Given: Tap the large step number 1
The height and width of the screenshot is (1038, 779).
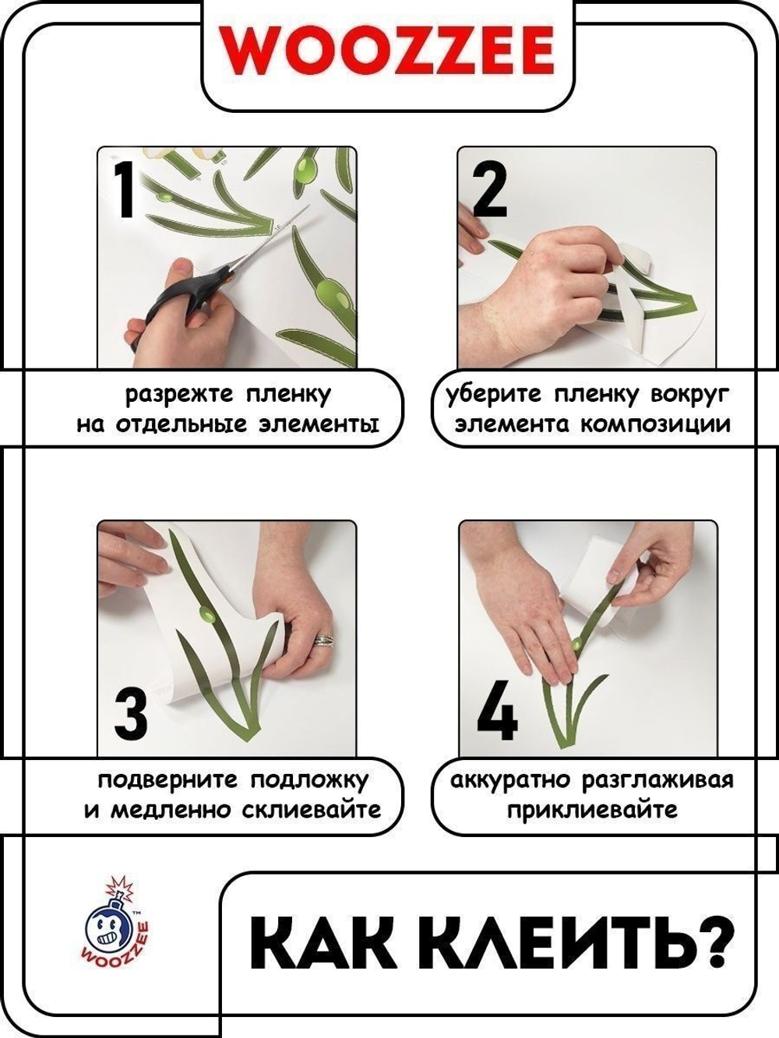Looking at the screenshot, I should click(x=125, y=189).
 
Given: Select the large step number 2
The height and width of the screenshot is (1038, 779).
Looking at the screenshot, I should click(x=489, y=189).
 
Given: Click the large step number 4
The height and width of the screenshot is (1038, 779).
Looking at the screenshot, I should click(x=496, y=713).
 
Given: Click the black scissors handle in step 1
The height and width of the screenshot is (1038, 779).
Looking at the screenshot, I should click(x=187, y=300).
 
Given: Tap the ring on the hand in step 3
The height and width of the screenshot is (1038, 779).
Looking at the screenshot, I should click(x=324, y=640).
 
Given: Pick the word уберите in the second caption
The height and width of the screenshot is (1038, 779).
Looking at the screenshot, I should click(x=492, y=395).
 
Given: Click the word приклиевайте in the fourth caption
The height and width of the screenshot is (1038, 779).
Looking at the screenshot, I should click(x=591, y=810).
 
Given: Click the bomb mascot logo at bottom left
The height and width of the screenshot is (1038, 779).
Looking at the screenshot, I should click(x=115, y=923).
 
